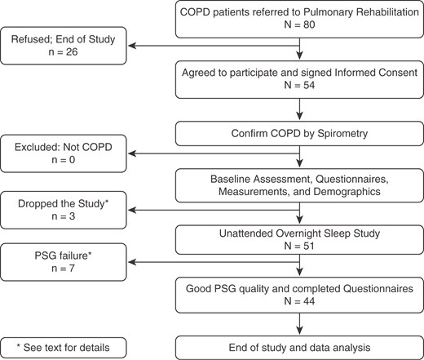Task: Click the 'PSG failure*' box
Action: (x=63, y=263)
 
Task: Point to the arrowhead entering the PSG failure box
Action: (x=129, y=263)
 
